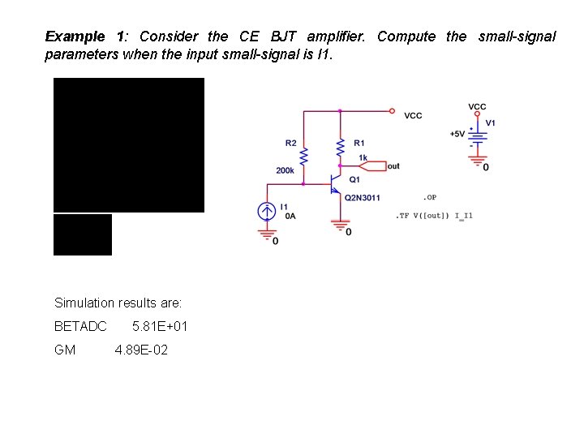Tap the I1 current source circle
click(266, 212)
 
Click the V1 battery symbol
click(479, 138)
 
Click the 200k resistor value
click(285, 170)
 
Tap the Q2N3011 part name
click(363, 197)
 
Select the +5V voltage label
click(457, 134)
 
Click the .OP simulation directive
click(430, 197)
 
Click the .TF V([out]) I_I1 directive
click(434, 216)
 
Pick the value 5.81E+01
click(160, 326)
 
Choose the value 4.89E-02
click(141, 350)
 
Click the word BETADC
click(80, 326)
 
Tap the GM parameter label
click(65, 350)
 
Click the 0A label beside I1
click(290, 217)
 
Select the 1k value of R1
click(363, 157)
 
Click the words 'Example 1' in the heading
click(85, 36)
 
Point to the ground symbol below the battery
click(479, 158)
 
